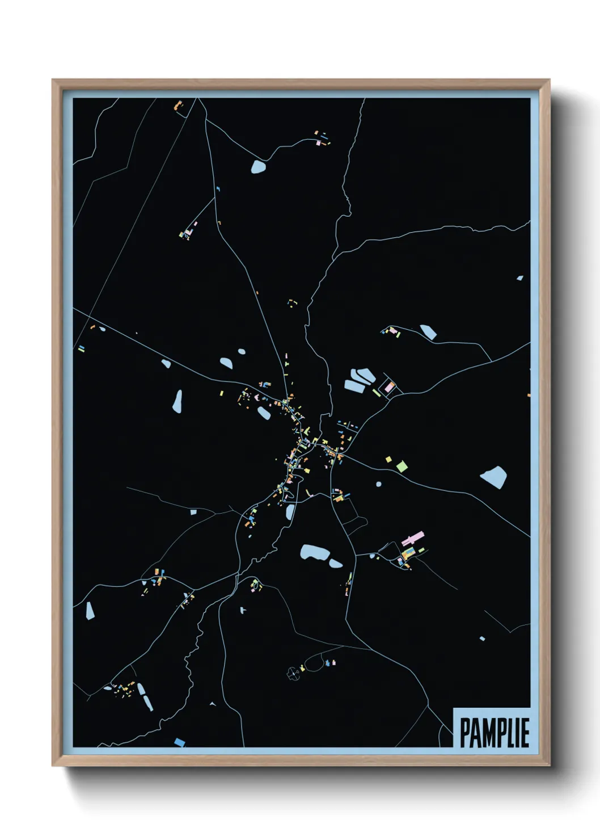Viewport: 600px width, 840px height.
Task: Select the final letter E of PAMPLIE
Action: (525, 733)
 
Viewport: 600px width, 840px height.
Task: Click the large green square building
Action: (402, 467)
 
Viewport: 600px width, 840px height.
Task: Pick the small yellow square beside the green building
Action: (388, 459)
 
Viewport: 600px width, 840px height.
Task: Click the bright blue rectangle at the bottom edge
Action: (179, 742)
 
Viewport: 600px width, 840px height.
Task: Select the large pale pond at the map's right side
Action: (493, 477)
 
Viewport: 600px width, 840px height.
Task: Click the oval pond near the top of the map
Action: (258, 167)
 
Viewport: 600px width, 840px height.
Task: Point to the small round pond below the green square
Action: (379, 484)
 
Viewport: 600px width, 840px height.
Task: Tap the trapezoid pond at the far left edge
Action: (89, 611)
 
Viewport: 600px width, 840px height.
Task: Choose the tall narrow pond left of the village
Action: (178, 401)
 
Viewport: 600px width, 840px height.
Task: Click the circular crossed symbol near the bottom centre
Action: (293, 674)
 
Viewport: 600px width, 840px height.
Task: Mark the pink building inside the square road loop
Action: (389, 387)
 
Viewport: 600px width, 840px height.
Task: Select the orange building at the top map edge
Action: (178, 105)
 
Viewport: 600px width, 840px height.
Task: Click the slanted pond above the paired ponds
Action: (428, 332)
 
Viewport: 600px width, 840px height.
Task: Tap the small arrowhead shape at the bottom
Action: (213, 704)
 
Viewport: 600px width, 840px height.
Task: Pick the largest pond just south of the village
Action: (314, 552)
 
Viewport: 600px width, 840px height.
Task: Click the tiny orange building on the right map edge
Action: (529, 394)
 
